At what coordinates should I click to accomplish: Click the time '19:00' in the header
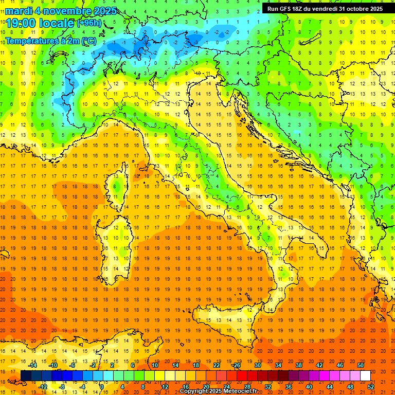pos(22,23)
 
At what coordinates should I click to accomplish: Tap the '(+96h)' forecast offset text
pos(89,23)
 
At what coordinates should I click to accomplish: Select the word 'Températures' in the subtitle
pos(31,41)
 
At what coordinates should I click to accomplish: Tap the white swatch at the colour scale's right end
pos(365,375)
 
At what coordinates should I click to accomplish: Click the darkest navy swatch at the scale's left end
pos(26,375)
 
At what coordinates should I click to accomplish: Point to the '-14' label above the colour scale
pos(32,365)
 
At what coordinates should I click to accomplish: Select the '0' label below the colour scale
pos(102,386)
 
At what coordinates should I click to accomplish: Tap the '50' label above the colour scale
pos(361,365)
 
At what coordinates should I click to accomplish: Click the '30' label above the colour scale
pos(257,365)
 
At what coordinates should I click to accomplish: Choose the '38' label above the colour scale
pos(298,365)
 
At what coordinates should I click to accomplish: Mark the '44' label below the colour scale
pos(330,386)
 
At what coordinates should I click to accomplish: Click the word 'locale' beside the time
pos(57,23)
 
